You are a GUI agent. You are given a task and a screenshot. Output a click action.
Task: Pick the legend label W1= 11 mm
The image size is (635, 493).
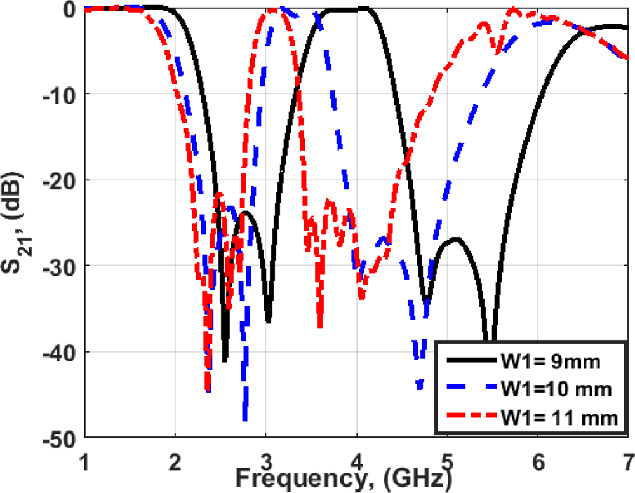coord(559,417)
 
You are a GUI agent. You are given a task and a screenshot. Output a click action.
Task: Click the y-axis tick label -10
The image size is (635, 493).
coord(60,95)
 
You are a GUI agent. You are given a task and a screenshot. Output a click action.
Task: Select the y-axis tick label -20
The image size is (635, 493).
coord(60,180)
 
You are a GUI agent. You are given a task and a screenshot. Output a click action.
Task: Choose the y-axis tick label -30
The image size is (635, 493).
coord(60,266)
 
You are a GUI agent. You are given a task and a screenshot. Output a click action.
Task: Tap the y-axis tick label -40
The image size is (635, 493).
coord(60,352)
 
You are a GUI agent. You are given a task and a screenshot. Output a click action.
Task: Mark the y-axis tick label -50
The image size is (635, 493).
coord(60,438)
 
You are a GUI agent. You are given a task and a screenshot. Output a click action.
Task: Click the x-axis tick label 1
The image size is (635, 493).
coord(85,459)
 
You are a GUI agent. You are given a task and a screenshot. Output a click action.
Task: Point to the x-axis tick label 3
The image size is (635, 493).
coord(266,459)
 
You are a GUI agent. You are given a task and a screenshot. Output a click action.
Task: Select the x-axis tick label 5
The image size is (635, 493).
coord(447,459)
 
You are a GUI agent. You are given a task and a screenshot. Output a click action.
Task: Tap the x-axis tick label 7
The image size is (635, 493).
coord(627,459)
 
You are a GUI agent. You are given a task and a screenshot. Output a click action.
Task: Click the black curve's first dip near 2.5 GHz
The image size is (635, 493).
coord(225,360)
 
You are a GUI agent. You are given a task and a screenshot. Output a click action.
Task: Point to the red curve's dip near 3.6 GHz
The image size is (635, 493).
coord(320,327)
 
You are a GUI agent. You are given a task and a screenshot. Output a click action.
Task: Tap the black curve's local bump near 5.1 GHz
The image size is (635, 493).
coord(455,239)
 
